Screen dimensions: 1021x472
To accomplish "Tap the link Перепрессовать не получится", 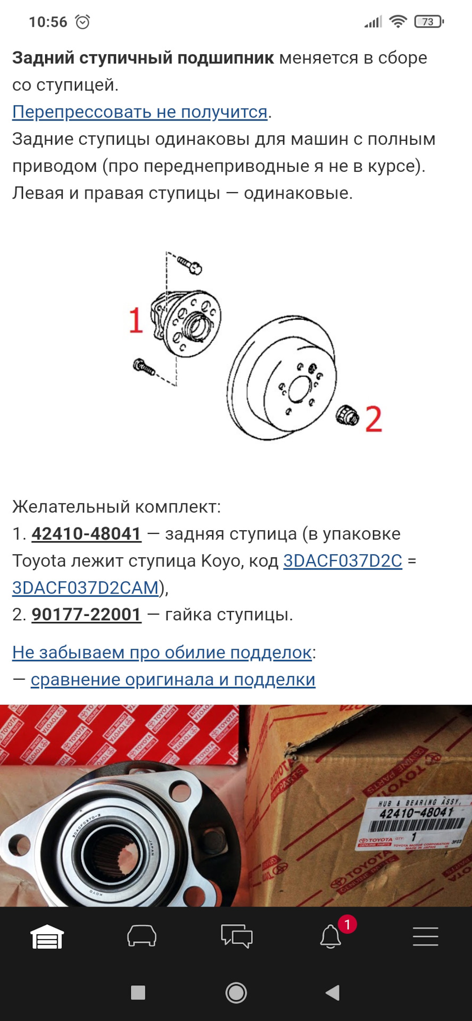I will [139, 112].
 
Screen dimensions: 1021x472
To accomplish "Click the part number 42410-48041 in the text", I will [87, 533].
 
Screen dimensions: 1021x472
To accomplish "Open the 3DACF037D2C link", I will [343, 560].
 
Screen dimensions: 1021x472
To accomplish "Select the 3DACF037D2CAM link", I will [86, 588].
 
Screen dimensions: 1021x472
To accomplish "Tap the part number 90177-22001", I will [87, 615].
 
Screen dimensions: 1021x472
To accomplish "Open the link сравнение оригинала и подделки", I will [173, 680].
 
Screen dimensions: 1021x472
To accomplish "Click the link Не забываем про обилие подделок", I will [162, 652].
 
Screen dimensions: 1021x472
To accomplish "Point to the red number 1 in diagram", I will [136, 320].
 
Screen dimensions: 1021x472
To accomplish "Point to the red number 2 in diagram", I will [374, 419].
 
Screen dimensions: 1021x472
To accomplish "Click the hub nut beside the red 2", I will [348, 415].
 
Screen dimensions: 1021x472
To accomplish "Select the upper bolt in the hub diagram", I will [189, 264].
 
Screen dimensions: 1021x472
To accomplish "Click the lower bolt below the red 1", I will [144, 367].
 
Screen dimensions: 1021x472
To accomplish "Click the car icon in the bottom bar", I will [142, 936].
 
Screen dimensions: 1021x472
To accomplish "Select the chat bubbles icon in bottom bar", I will [236, 936].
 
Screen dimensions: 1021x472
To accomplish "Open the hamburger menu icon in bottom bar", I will [425, 936].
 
